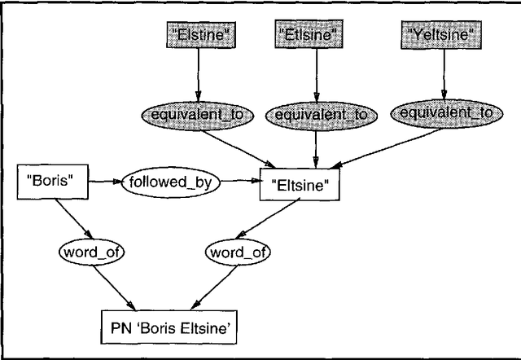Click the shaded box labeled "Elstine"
point(196,35)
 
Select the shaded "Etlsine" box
point(315,35)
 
